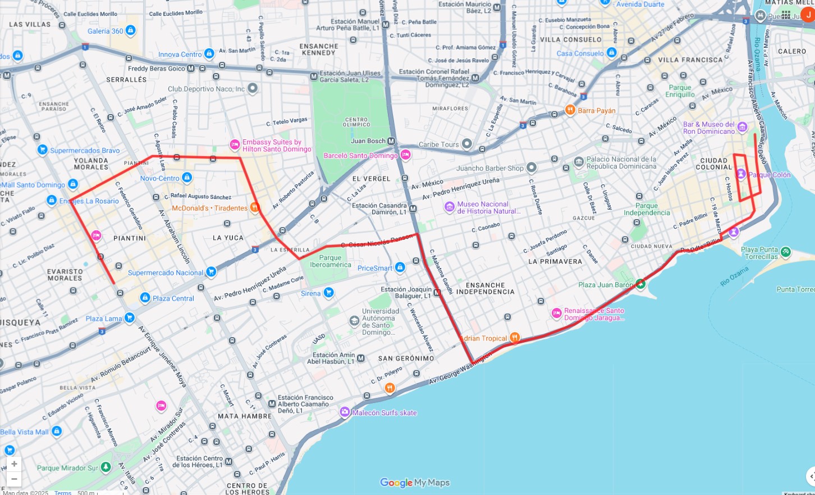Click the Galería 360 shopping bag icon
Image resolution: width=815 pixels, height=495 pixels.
pyautogui.click(x=131, y=30)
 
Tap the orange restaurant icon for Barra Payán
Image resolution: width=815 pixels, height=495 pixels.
pyautogui.click(x=570, y=110)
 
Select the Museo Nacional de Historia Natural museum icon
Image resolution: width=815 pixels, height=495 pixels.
pyautogui.click(x=450, y=207)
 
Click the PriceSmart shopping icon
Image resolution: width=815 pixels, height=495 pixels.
pyautogui.click(x=400, y=267)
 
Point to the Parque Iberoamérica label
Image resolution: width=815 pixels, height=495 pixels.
pyautogui.click(x=331, y=261)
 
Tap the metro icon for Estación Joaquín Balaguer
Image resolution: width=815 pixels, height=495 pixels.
pyautogui.click(x=437, y=292)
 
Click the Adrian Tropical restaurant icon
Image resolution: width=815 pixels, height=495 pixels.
pyautogui.click(x=515, y=338)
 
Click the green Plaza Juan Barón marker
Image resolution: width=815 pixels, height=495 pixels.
pyautogui.click(x=640, y=284)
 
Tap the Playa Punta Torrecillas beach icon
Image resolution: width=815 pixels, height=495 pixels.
pyautogui.click(x=786, y=252)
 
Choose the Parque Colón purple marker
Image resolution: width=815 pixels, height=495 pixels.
pyautogui.click(x=741, y=174)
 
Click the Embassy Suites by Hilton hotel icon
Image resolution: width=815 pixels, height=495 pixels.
pyautogui.click(x=235, y=145)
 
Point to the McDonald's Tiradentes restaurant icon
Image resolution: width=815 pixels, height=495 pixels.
pyautogui.click(x=255, y=207)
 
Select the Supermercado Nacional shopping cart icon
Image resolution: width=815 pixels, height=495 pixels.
pyautogui.click(x=211, y=272)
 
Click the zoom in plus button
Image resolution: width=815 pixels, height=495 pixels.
pyautogui.click(x=14, y=464)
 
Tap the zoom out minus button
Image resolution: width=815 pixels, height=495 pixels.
pyautogui.click(x=14, y=479)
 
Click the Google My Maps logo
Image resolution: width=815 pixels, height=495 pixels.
pyautogui.click(x=415, y=483)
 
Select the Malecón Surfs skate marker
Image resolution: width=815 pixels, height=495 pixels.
pyautogui.click(x=345, y=412)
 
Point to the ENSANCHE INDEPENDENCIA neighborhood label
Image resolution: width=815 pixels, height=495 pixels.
pyautogui.click(x=485, y=288)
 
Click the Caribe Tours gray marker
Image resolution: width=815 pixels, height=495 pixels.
pyautogui.click(x=467, y=144)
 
